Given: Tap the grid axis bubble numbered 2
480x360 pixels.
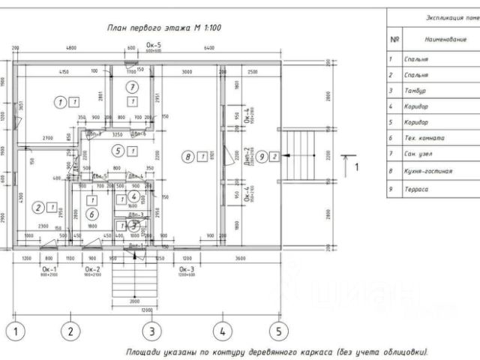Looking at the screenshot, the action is [x=70, y=330].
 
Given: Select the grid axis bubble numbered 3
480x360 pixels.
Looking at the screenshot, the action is [x=151, y=330].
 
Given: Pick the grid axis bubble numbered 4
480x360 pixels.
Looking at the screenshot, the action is [x=223, y=330].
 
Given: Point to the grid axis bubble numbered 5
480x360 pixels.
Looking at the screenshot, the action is [x=279, y=330].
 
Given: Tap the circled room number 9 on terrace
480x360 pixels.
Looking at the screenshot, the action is [x=262, y=157].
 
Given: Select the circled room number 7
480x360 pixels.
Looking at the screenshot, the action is [x=131, y=87].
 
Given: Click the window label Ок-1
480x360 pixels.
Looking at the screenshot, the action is [x=49, y=268].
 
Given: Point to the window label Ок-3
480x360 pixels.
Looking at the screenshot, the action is [x=186, y=268].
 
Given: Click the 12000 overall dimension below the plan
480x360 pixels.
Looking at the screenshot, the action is [x=146, y=309].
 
